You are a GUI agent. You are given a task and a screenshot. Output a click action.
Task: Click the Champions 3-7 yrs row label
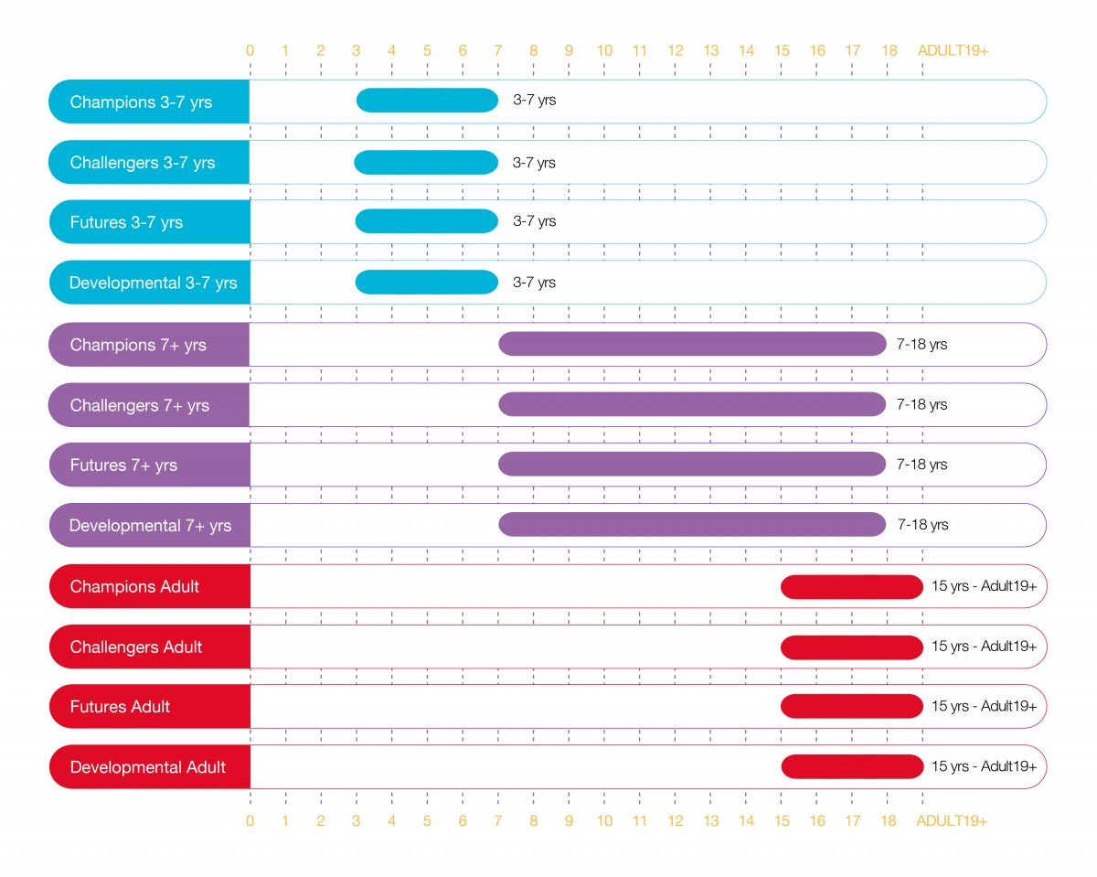tap(141, 102)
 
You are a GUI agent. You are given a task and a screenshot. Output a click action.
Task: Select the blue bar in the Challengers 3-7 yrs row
tap(426, 163)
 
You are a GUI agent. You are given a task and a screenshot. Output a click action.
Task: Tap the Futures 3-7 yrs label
tap(126, 222)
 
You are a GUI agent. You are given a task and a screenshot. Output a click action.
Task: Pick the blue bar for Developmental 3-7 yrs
tap(426, 283)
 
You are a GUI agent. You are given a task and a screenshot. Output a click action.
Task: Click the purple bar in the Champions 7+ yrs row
tap(692, 344)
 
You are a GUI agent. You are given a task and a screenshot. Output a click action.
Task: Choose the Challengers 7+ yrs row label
tap(140, 405)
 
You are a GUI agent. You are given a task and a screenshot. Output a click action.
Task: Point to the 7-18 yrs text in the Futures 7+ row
tap(922, 465)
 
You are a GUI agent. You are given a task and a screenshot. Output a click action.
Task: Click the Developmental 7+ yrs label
tap(150, 526)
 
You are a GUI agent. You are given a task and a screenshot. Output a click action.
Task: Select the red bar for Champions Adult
tap(852, 587)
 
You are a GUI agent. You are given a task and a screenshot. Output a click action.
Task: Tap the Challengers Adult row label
tap(136, 647)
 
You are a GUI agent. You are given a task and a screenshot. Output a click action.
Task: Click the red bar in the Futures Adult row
tap(852, 706)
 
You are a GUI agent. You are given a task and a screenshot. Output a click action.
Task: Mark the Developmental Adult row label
tap(147, 766)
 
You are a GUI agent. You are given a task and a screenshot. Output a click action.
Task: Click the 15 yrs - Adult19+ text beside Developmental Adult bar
tap(984, 766)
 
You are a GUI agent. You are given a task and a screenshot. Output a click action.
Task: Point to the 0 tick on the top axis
tap(250, 50)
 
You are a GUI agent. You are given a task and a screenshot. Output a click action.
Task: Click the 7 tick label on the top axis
tap(497, 50)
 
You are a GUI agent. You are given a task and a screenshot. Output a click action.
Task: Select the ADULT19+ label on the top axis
tap(953, 50)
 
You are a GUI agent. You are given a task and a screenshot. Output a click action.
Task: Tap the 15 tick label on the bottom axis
tap(782, 821)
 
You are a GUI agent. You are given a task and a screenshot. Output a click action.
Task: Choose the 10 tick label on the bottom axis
tap(604, 821)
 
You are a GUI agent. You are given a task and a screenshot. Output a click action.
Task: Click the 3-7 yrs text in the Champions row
tap(534, 101)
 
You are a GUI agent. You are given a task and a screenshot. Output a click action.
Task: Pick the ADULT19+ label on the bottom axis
tap(953, 821)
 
